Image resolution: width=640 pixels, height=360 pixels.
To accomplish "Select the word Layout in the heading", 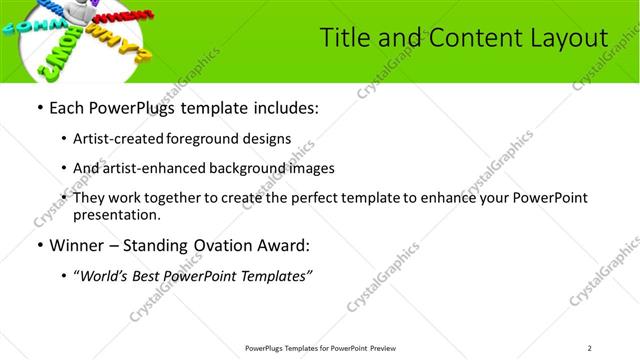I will [x=569, y=38].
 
